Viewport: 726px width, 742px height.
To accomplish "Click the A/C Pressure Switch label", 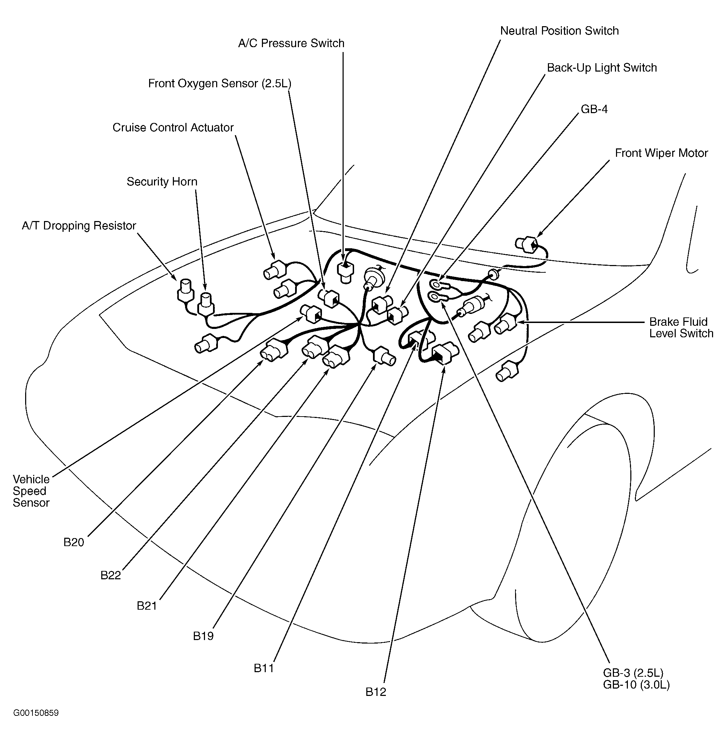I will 291,43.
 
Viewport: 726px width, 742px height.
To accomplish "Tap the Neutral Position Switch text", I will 559,31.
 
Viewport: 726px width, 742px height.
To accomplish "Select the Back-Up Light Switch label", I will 602,68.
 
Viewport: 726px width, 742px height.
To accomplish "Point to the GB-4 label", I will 594,109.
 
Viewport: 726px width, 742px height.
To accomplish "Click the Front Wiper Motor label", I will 661,153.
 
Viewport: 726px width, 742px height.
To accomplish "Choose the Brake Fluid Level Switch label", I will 681,328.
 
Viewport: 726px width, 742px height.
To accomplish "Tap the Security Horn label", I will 162,182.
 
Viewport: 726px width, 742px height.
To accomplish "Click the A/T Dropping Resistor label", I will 79,226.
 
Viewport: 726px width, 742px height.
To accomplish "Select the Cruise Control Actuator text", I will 173,127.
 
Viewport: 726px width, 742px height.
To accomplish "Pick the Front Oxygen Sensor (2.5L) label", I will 219,83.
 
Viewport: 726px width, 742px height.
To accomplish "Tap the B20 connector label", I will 74,542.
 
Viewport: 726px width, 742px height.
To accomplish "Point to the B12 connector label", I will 376,692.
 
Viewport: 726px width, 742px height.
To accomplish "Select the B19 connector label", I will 203,636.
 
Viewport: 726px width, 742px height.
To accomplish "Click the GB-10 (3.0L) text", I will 636,685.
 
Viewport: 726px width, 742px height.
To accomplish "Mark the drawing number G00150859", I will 36,713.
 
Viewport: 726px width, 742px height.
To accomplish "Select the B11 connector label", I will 264,668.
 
